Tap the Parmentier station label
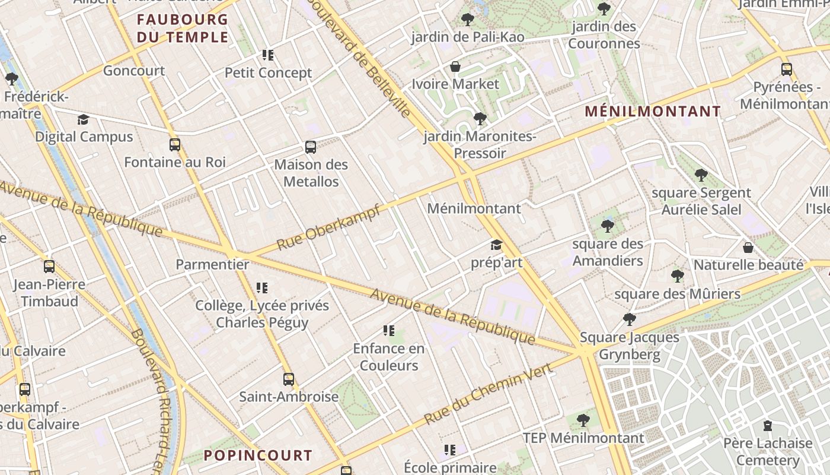point(212,264)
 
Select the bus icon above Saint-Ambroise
point(289,379)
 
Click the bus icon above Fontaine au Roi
point(175,144)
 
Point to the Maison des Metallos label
point(311,173)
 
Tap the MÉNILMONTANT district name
point(653,111)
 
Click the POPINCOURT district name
point(258,455)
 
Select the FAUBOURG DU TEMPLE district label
point(182,28)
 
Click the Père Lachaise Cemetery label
point(768,452)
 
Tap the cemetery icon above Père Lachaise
point(768,426)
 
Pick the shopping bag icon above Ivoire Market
point(455,66)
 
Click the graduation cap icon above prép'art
point(496,245)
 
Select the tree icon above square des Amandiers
point(607,226)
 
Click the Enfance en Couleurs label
point(389,357)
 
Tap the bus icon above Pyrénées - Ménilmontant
point(786,69)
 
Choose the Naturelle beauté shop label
point(748,265)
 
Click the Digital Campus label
point(84,137)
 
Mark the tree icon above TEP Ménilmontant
point(583,420)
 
